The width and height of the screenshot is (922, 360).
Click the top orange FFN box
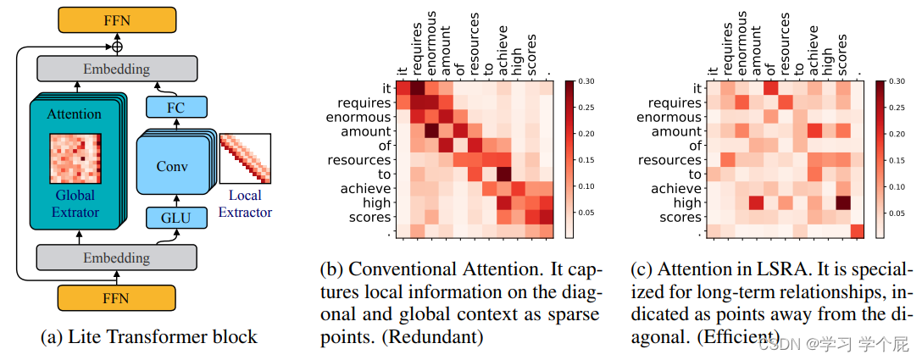(x=117, y=19)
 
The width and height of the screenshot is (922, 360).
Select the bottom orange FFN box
(x=117, y=299)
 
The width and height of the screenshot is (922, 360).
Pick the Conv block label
(x=173, y=166)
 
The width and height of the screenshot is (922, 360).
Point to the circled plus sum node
(x=117, y=46)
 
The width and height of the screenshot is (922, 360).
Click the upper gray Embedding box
(x=117, y=69)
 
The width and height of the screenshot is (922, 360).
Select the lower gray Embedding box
(x=117, y=257)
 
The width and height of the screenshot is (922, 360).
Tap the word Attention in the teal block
(x=74, y=114)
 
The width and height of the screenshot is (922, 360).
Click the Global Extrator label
(x=74, y=204)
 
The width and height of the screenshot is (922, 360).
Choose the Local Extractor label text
(x=246, y=204)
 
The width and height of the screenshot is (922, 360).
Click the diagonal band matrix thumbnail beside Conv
(x=245, y=158)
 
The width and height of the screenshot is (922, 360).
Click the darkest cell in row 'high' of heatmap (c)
(x=841, y=202)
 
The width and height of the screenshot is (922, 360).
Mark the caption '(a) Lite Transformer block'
(x=148, y=336)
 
